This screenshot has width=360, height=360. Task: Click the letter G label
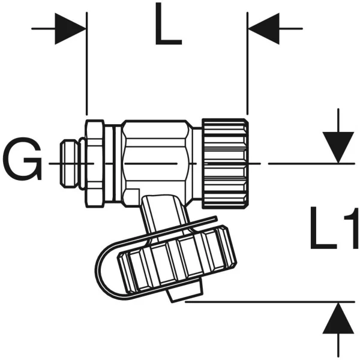coord(22,158)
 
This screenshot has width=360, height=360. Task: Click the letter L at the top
coord(168,24)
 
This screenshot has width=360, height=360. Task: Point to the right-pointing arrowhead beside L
coord(70,29)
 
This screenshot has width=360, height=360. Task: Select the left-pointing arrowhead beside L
coord(264,29)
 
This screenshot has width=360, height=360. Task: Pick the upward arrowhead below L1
coord(338,318)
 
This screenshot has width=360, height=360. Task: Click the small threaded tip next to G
coord(68,163)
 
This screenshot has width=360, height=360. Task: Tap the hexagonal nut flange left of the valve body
coord(95,164)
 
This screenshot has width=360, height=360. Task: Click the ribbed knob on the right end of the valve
coord(225,163)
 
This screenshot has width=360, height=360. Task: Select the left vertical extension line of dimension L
coord(86,64)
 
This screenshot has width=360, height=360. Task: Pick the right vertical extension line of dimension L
coord(247,64)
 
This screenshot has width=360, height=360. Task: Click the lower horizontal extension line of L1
coord(270,302)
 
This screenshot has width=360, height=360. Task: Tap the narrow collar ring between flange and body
coord(118,164)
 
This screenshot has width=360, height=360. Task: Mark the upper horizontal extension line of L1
coord(311,163)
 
